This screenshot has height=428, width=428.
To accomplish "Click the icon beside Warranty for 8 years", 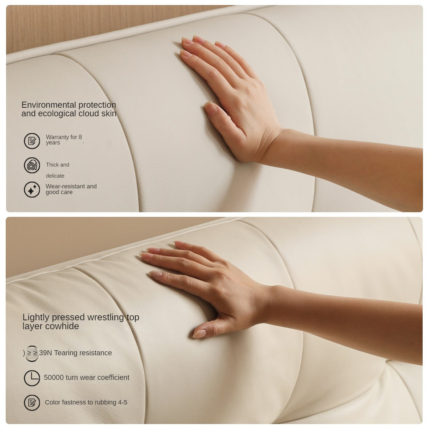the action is pyautogui.click(x=32, y=141).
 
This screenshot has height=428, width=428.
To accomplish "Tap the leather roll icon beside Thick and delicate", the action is pyautogui.click(x=32, y=165).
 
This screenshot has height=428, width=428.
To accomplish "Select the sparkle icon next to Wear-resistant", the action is pyautogui.click(x=32, y=189).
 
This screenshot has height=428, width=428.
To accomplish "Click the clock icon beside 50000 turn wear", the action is pyautogui.click(x=32, y=378).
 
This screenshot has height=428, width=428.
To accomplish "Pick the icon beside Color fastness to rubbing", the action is pyautogui.click(x=32, y=402).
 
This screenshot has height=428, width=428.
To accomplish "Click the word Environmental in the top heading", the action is pyautogui.click(x=49, y=105).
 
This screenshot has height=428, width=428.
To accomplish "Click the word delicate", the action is pyautogui.click(x=55, y=176).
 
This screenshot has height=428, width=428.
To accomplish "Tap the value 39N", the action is pyautogui.click(x=45, y=353).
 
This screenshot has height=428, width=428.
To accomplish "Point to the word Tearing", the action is pyautogui.click(x=64, y=353).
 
